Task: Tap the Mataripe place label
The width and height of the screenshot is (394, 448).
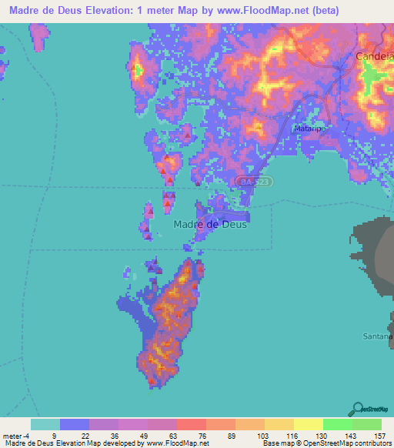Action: [309, 129]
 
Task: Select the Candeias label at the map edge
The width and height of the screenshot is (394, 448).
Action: [375, 57]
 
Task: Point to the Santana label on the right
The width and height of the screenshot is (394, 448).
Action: [378, 336]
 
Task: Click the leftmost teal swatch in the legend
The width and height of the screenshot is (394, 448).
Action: [45, 424]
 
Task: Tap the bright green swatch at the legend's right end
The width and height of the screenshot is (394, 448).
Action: [367, 424]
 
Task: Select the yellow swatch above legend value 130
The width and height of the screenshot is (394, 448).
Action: [309, 424]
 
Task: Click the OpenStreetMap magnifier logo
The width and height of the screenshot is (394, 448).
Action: [359, 407]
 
